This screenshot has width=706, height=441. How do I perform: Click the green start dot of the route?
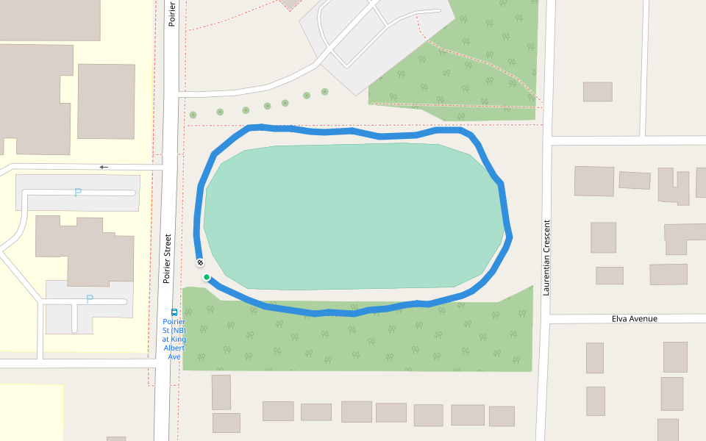pos(207,277)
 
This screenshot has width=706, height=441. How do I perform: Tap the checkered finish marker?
pos(200,262)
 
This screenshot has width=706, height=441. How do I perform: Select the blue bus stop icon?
pos(174,312)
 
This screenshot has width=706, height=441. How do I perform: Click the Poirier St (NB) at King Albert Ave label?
pos(174,339)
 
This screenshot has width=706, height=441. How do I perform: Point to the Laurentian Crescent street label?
pos(546,257)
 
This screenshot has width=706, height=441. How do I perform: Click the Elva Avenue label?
pos(634,319)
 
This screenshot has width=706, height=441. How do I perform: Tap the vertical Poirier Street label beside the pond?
pos(168,259)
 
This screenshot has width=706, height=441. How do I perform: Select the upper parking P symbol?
pos(77,193)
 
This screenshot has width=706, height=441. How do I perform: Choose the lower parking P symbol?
pos(90,299)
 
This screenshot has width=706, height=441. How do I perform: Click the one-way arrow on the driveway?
pos(104,167)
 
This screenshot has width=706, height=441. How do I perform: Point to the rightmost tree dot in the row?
pos(325,92)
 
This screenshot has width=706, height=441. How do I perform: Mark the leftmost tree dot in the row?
pos(193,115)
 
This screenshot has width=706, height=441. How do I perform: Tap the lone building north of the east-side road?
pos(597,91)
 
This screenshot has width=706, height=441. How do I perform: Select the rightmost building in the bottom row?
pos(502,416)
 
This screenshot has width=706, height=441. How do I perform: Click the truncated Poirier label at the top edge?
pos(172,13)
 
